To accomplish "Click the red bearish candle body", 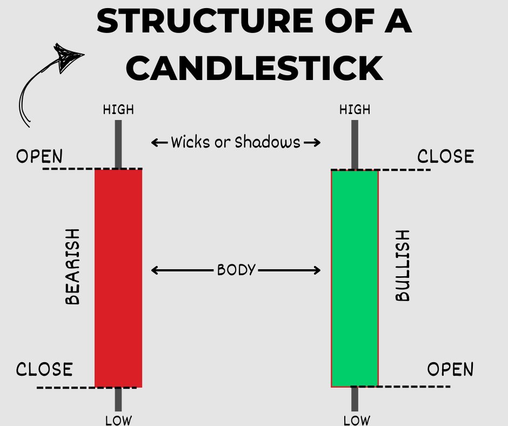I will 118,278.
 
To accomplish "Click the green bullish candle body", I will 355,278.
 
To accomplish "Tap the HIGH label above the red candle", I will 118,110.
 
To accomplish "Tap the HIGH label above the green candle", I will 355,110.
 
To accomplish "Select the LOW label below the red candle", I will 118,420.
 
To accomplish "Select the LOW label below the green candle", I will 357,420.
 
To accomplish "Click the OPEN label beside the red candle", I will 39,157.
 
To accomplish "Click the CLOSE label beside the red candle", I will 44,370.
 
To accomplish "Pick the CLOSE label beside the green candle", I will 445,157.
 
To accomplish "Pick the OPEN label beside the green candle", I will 450,370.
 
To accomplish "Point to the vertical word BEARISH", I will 72,266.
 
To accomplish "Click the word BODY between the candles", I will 236,270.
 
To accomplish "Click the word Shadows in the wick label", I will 266,142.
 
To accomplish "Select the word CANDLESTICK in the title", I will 254,68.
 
